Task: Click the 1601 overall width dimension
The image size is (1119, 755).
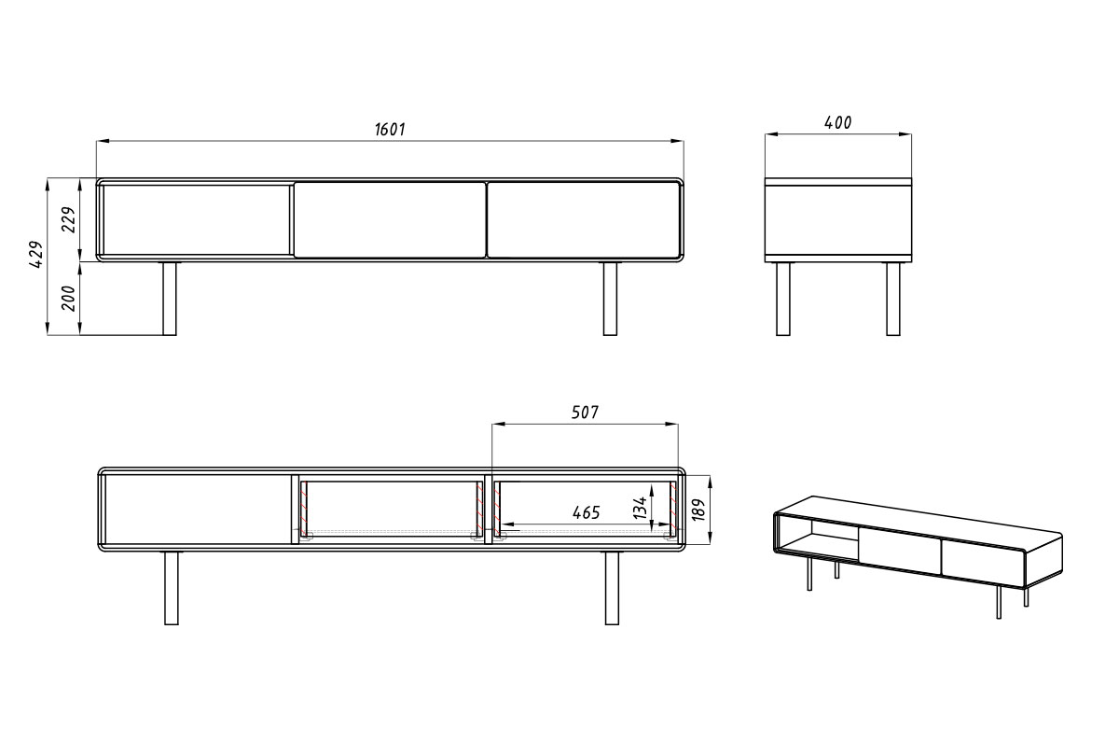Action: (x=390, y=130)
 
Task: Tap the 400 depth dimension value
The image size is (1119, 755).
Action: (x=837, y=122)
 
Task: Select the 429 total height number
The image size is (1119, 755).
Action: (x=36, y=255)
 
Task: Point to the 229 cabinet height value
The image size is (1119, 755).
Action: (x=68, y=219)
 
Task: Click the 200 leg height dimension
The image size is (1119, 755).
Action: (x=68, y=299)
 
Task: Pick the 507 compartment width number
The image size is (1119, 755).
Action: (x=585, y=412)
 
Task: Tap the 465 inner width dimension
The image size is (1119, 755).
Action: (x=586, y=512)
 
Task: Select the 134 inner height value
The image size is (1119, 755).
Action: (x=641, y=508)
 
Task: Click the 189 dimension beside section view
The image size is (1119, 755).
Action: (x=698, y=510)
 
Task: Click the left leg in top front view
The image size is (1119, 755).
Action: (x=170, y=299)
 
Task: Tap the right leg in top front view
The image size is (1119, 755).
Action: (x=610, y=299)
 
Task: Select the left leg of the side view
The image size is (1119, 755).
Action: (x=783, y=299)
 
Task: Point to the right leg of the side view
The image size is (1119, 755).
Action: (x=893, y=299)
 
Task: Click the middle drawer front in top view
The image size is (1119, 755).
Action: (x=390, y=220)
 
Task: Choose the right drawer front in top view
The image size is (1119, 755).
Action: (x=584, y=220)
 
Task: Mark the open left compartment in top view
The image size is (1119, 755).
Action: (x=196, y=220)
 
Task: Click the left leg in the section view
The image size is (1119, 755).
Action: (x=172, y=588)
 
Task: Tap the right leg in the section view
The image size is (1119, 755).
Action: (x=612, y=588)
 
